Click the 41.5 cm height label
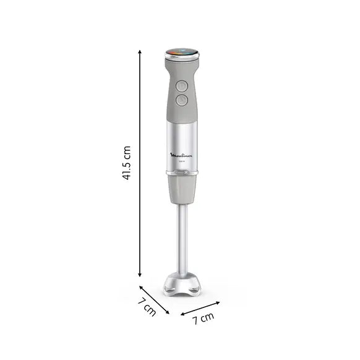127,163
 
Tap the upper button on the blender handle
181,85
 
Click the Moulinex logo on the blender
181,157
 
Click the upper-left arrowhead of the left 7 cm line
142,286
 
